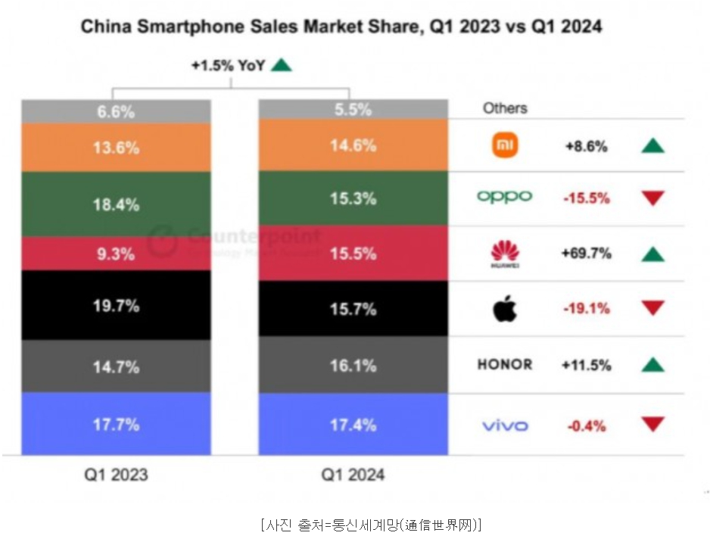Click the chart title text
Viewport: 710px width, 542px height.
click(x=342, y=26)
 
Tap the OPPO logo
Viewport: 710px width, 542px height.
click(x=504, y=198)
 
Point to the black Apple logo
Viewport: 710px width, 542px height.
click(x=505, y=309)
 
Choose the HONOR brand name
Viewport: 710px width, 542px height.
click(x=505, y=365)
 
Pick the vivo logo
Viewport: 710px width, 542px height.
click(x=505, y=425)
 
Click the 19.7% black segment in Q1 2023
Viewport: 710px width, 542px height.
click(x=116, y=305)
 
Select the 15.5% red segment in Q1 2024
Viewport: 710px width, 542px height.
click(x=353, y=254)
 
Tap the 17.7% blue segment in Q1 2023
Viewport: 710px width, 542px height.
click(x=116, y=424)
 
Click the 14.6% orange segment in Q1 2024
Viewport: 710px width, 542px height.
click(x=353, y=145)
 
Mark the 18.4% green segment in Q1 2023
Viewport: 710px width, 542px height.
click(x=116, y=205)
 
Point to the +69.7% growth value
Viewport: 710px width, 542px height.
click(x=586, y=254)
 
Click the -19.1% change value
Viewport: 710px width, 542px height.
click(x=586, y=309)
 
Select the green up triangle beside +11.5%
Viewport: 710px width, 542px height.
click(x=652, y=366)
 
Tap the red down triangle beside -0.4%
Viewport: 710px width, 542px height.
click(x=652, y=424)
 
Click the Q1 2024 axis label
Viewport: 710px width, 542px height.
click(x=353, y=475)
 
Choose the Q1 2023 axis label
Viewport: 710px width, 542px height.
click(x=116, y=475)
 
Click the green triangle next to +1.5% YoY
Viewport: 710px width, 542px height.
click(x=281, y=65)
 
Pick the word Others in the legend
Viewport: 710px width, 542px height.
click(x=505, y=108)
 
